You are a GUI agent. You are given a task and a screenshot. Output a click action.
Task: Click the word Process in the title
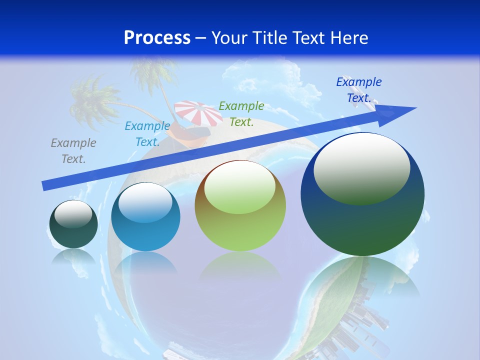pos(157,38)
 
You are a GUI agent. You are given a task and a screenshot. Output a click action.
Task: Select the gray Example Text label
pos(73,151)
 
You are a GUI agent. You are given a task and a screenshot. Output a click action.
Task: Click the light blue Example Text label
pos(147,134)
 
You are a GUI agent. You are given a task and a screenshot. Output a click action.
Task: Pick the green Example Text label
pos(241,114)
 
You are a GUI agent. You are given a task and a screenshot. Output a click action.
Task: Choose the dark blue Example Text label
pos(359,90)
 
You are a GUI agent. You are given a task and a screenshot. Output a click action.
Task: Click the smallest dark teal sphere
pos(73,232)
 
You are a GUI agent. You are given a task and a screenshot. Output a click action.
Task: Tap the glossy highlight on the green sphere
pos(239,187)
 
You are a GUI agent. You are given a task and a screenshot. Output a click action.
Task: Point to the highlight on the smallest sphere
pos(73,214)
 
